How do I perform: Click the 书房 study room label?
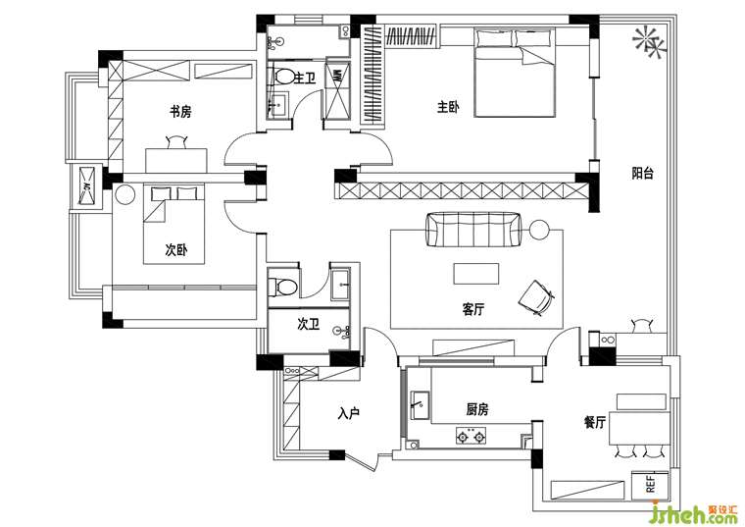tap(180, 112)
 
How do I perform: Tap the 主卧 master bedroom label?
tap(448, 107)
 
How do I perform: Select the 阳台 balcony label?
tap(642, 173)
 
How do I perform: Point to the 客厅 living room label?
tap(473, 310)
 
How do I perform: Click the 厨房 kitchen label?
tap(477, 409)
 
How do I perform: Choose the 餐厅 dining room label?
tap(595, 422)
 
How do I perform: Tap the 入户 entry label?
tap(349, 413)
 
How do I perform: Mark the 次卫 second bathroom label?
tap(309, 325)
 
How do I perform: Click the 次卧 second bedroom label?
tap(176, 249)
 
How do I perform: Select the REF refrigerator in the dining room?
tap(650, 484)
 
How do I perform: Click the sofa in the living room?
tap(473, 230)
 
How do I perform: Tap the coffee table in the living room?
tap(476, 274)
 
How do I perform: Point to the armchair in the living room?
tap(536, 297)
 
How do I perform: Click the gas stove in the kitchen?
tap(471, 435)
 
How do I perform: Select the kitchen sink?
tap(420, 406)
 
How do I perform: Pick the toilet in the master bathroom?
tap(282, 77)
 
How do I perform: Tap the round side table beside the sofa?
tap(539, 230)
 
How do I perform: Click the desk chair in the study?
tap(176, 142)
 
